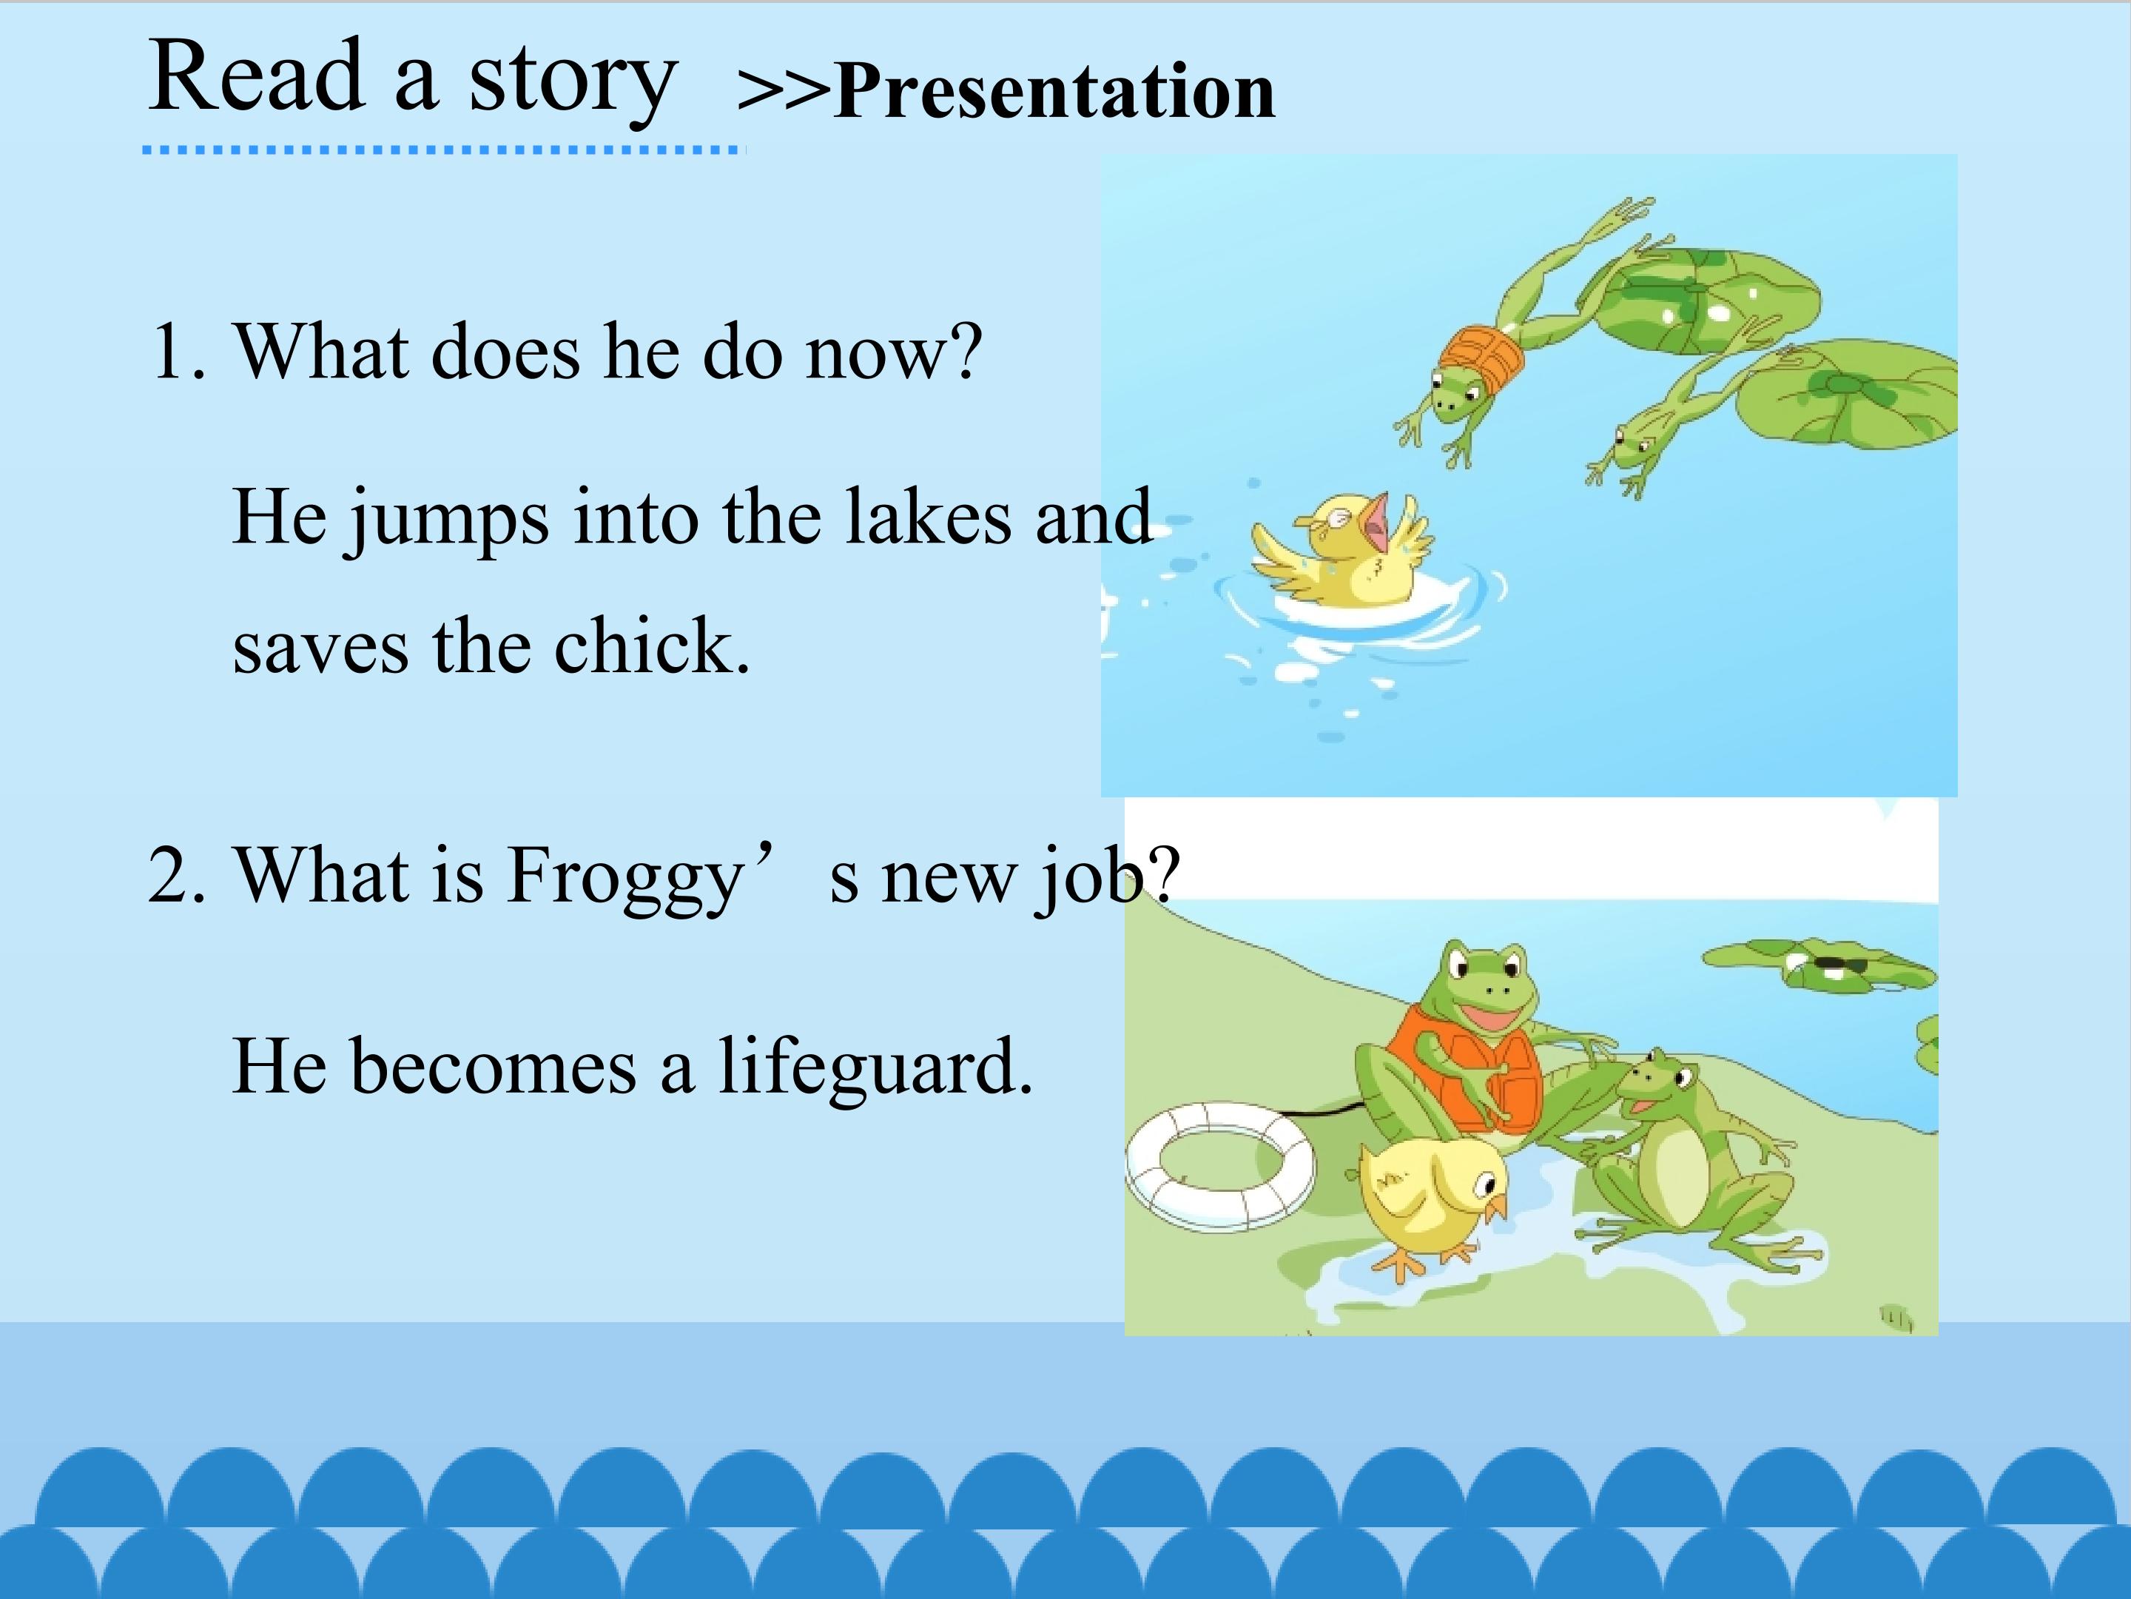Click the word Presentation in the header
tap(1055, 92)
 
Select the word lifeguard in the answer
tap(875, 1068)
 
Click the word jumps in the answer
tap(448, 521)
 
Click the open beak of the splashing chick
tap(1378, 526)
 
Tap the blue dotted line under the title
tap(444, 150)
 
